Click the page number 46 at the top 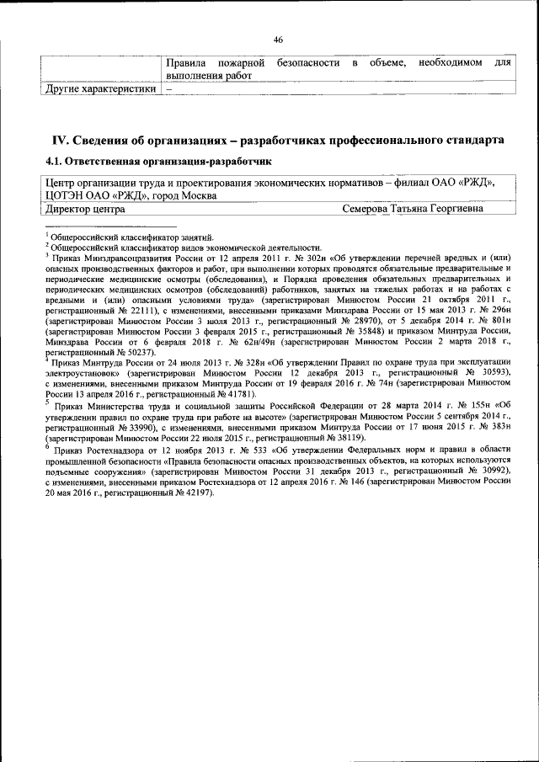pyautogui.click(x=278, y=40)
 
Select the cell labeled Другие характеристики pyautogui.click(x=100, y=88)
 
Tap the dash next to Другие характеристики pyautogui.click(x=168, y=88)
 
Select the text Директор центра pyautogui.click(x=85, y=209)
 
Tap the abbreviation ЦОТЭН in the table pyautogui.click(x=64, y=195)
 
